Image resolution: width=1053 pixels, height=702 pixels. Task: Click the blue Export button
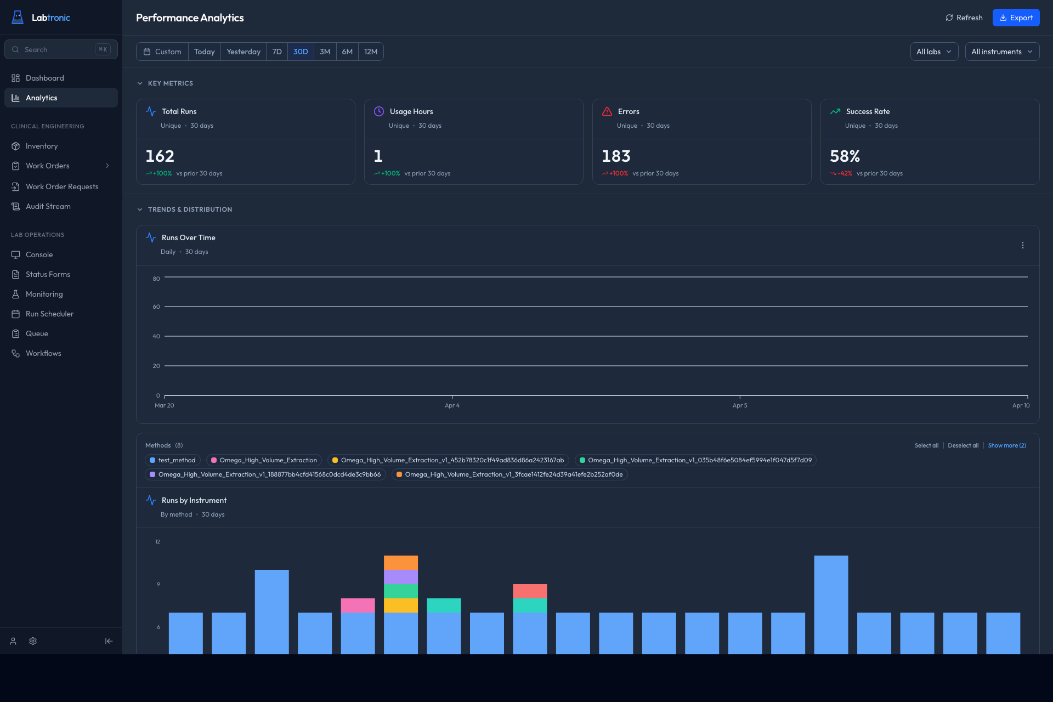(1016, 18)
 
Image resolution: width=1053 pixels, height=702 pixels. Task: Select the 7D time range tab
(277, 52)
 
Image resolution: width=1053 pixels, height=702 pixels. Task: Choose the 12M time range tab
(371, 52)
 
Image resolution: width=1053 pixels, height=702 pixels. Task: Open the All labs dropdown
(933, 52)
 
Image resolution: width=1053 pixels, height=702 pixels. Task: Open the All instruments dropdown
(1001, 52)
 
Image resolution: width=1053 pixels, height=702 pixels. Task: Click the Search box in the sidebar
(60, 49)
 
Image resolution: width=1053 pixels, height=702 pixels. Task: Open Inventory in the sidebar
(42, 146)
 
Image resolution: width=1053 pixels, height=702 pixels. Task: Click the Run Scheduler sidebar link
(49, 314)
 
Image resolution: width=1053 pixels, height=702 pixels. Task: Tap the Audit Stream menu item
(48, 206)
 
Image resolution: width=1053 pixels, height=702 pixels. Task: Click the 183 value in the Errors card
(616, 156)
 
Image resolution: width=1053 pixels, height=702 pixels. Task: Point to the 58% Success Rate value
(845, 156)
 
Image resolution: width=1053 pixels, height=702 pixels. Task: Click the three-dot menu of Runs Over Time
(1022, 245)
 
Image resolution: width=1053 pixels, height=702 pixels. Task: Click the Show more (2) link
(1006, 445)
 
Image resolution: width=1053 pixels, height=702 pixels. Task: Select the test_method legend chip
(173, 460)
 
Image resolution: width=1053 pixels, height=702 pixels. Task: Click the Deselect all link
(963, 445)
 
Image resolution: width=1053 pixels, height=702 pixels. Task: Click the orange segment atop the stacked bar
(400, 563)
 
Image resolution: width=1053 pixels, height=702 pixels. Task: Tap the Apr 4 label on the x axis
(452, 405)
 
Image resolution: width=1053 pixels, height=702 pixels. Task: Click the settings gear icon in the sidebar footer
(33, 641)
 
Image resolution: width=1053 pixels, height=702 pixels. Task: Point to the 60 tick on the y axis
(156, 307)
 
